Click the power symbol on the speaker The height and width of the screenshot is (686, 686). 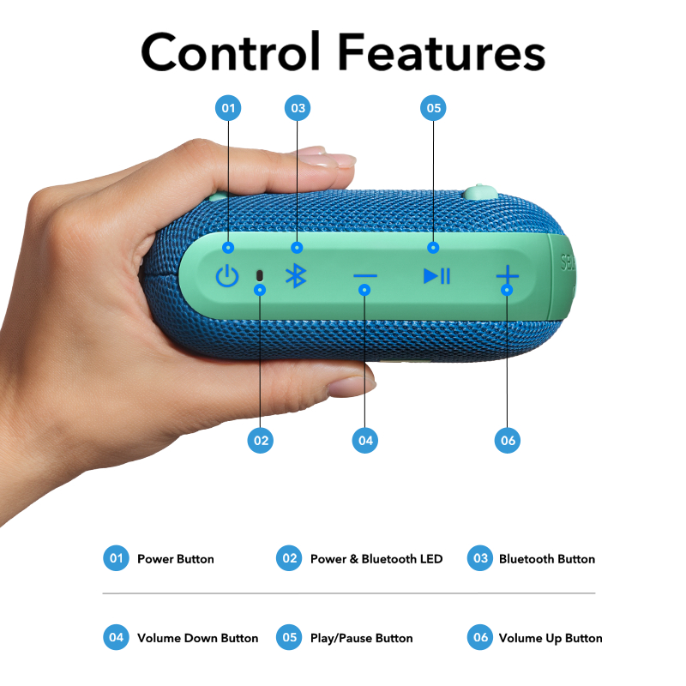(x=226, y=276)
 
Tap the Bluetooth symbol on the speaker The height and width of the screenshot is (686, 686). (x=296, y=276)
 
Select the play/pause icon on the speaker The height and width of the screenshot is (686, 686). (x=436, y=276)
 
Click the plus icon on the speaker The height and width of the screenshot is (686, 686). (x=507, y=275)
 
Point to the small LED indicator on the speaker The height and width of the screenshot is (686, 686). (x=259, y=275)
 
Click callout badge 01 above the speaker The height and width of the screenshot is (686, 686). (x=228, y=108)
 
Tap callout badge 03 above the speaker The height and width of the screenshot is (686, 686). (x=298, y=108)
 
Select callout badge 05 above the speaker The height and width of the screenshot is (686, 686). (x=433, y=108)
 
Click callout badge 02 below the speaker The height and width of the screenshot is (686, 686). (x=260, y=441)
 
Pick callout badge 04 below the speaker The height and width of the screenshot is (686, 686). (x=364, y=441)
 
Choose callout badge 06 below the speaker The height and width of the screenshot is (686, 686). (x=508, y=441)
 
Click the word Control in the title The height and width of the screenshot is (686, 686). (x=231, y=52)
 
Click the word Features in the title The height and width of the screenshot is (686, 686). (x=441, y=52)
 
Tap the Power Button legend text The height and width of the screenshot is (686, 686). (x=175, y=559)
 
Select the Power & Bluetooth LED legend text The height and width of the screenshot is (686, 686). (x=376, y=559)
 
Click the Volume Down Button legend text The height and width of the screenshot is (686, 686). (x=197, y=638)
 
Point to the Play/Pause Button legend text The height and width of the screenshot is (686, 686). (x=361, y=638)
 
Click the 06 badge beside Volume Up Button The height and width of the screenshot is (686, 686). (x=480, y=637)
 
